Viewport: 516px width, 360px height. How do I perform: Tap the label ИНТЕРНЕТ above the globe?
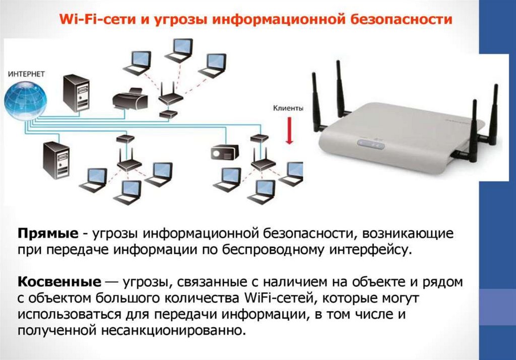(x=26, y=74)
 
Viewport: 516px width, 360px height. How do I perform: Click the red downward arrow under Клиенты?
(x=289, y=131)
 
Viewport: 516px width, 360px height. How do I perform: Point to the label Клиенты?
(x=288, y=108)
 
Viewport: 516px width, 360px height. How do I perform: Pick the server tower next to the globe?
(x=76, y=94)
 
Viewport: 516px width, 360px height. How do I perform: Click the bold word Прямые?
(x=48, y=234)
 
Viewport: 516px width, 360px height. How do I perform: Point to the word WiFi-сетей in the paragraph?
(x=269, y=298)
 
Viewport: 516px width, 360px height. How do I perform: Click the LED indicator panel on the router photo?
(x=371, y=145)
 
